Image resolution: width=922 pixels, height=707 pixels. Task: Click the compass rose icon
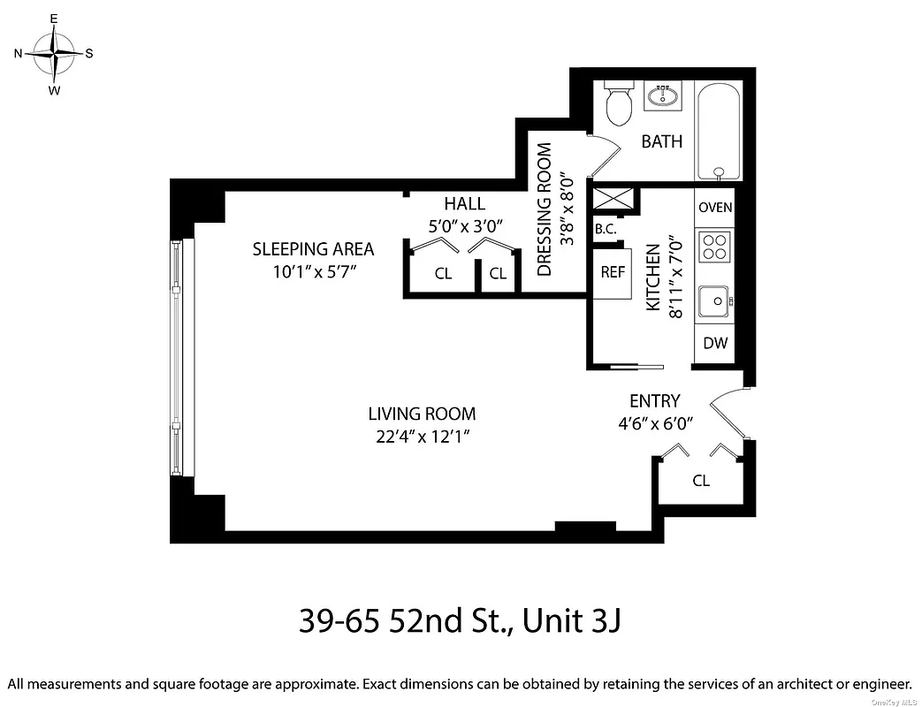tap(55, 53)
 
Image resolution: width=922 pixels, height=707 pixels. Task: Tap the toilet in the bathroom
tap(618, 104)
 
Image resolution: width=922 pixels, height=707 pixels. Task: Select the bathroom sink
tap(662, 95)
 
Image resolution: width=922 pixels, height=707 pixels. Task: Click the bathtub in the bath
tap(720, 132)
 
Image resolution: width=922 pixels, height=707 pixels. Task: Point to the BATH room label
tap(662, 141)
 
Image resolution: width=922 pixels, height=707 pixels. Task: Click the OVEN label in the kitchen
tap(715, 208)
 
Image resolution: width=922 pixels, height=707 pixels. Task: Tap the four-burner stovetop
tap(714, 247)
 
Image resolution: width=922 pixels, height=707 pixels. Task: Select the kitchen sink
tap(713, 301)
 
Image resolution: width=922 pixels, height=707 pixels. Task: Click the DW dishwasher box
tap(715, 343)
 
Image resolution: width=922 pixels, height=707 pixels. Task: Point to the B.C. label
tap(606, 229)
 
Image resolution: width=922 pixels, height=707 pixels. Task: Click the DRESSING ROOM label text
tap(545, 209)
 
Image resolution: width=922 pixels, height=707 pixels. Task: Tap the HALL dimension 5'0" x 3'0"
tap(465, 225)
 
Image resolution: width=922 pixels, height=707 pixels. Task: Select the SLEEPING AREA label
tap(313, 249)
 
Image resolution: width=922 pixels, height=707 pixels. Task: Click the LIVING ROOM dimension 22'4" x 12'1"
tap(422, 435)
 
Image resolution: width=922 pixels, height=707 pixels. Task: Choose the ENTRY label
tap(654, 401)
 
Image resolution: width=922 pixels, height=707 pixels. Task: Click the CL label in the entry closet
tap(701, 482)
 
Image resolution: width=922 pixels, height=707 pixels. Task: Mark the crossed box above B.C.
tap(613, 199)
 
